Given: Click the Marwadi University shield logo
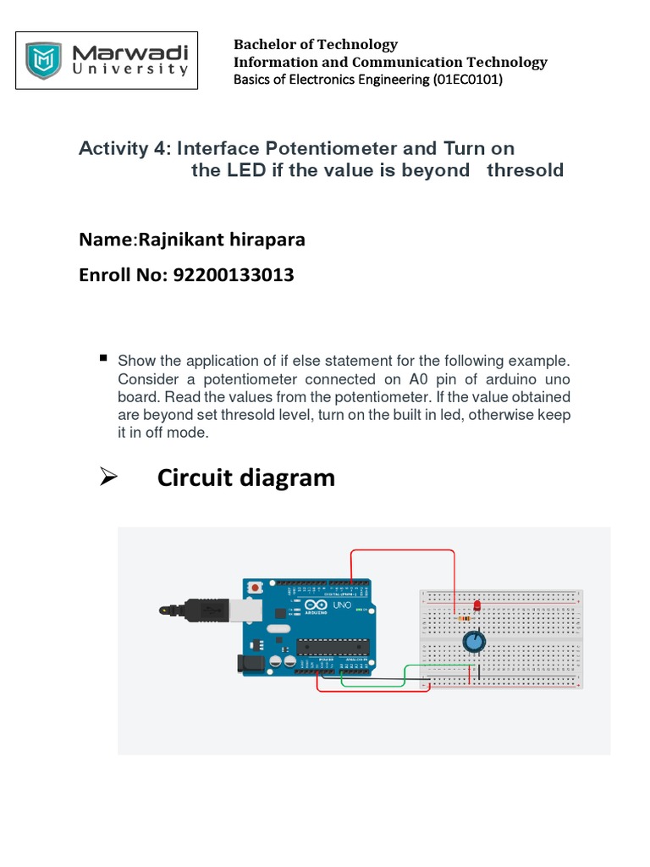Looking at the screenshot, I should pos(43,60).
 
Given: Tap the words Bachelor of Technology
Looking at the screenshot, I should pos(315,44).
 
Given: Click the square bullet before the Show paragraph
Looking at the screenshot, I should pos(104,358).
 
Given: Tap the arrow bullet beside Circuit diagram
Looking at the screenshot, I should pos(107,478).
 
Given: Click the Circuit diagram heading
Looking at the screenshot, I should pos(246,478).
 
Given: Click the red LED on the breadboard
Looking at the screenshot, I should pos(476,606).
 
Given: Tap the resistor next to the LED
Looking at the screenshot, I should pos(464,619).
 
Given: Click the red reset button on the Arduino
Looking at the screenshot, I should pos(256,586).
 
